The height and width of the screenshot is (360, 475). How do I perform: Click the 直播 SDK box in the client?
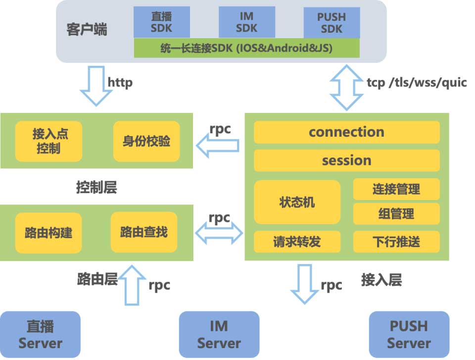pos(162,22)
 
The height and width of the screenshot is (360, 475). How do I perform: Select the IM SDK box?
pos(246,22)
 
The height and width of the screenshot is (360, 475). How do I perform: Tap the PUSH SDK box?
pos(332,22)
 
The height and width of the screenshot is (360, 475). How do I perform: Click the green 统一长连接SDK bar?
pos(246,49)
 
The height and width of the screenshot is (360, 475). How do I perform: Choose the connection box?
pos(346,132)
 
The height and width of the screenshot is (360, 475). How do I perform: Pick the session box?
pos(346,160)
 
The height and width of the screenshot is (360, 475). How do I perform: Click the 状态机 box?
pos(297,202)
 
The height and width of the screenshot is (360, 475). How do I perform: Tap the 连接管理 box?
pos(396,189)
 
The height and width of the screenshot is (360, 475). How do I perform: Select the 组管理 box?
pos(396,213)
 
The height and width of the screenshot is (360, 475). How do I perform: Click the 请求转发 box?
pos(297,241)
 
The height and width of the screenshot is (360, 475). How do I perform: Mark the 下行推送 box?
pos(396,241)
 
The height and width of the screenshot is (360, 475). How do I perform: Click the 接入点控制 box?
pos(48,141)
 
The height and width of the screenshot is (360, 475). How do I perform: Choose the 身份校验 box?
pos(146,141)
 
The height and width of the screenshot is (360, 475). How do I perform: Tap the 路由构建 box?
pos(48,232)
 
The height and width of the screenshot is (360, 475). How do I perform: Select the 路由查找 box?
pos(144,232)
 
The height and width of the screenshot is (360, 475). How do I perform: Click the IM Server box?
pos(219,334)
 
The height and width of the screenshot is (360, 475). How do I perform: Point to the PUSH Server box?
pos(409,334)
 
